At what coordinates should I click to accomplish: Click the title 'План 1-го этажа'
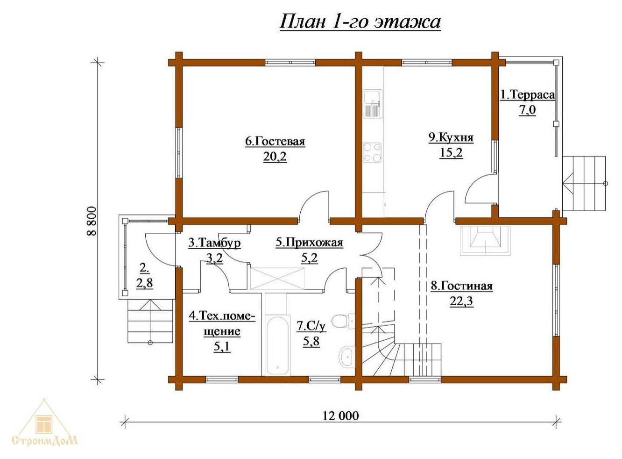pos(360,22)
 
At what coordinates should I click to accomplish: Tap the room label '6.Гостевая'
pos(275,141)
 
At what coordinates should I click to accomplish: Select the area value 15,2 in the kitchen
pos(451,153)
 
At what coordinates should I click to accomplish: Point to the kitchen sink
pos(372,103)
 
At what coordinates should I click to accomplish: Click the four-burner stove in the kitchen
pos(372,153)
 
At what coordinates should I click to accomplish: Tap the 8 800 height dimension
pos(92,221)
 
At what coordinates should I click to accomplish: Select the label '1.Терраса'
pos(527,95)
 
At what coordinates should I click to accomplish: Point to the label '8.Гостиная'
pos(461,286)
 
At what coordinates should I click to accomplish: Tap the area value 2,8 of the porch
pos(144,283)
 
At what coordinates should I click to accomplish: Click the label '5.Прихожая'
pos(309,243)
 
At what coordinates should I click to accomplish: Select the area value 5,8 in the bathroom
pos(311,342)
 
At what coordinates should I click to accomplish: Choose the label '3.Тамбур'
pos(214,243)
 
